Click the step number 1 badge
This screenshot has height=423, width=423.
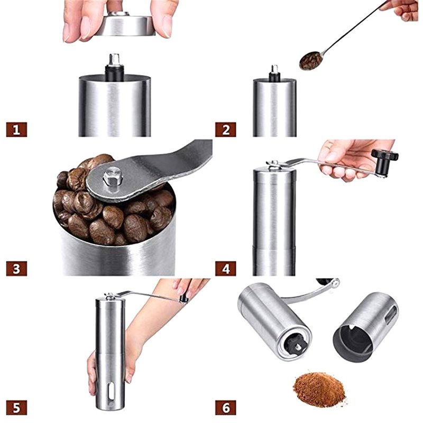(16, 130)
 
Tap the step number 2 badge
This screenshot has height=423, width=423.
(226, 130)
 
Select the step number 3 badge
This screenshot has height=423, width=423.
(16, 269)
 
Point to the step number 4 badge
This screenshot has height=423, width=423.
(226, 269)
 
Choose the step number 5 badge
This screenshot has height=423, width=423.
(16, 408)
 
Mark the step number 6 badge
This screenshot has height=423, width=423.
(226, 408)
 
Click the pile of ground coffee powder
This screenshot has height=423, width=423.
(319, 389)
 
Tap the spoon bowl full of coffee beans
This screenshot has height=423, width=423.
(311, 61)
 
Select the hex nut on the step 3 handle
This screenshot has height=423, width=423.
(113, 176)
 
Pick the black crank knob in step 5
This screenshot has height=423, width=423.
(183, 299)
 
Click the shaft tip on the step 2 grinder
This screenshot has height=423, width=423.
(274, 69)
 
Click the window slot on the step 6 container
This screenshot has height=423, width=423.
(391, 315)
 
